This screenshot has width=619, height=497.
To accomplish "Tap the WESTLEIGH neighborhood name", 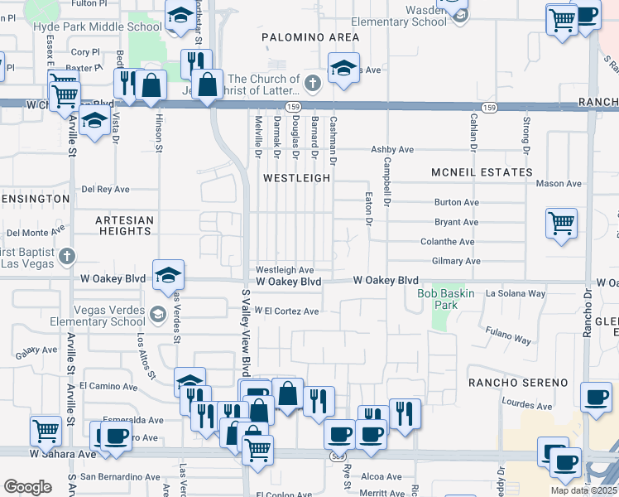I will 296,178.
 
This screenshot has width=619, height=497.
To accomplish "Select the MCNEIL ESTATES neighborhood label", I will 482,172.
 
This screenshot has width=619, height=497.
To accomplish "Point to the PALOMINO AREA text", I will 310,37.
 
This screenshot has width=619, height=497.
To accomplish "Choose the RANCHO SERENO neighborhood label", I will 518,383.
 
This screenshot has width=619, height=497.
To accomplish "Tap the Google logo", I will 27,486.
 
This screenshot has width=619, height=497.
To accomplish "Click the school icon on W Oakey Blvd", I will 168,274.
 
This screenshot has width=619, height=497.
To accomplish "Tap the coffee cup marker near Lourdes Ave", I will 596,396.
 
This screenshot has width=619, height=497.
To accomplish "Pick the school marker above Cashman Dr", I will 343,67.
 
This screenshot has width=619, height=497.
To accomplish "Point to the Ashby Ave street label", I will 392,150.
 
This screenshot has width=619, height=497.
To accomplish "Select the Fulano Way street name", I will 509,338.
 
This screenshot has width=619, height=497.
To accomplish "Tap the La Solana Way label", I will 515,293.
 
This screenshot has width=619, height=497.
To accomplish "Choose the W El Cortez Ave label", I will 286,311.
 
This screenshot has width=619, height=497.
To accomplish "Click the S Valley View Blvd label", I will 245,331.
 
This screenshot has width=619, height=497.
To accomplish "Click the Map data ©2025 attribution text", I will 583,490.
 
